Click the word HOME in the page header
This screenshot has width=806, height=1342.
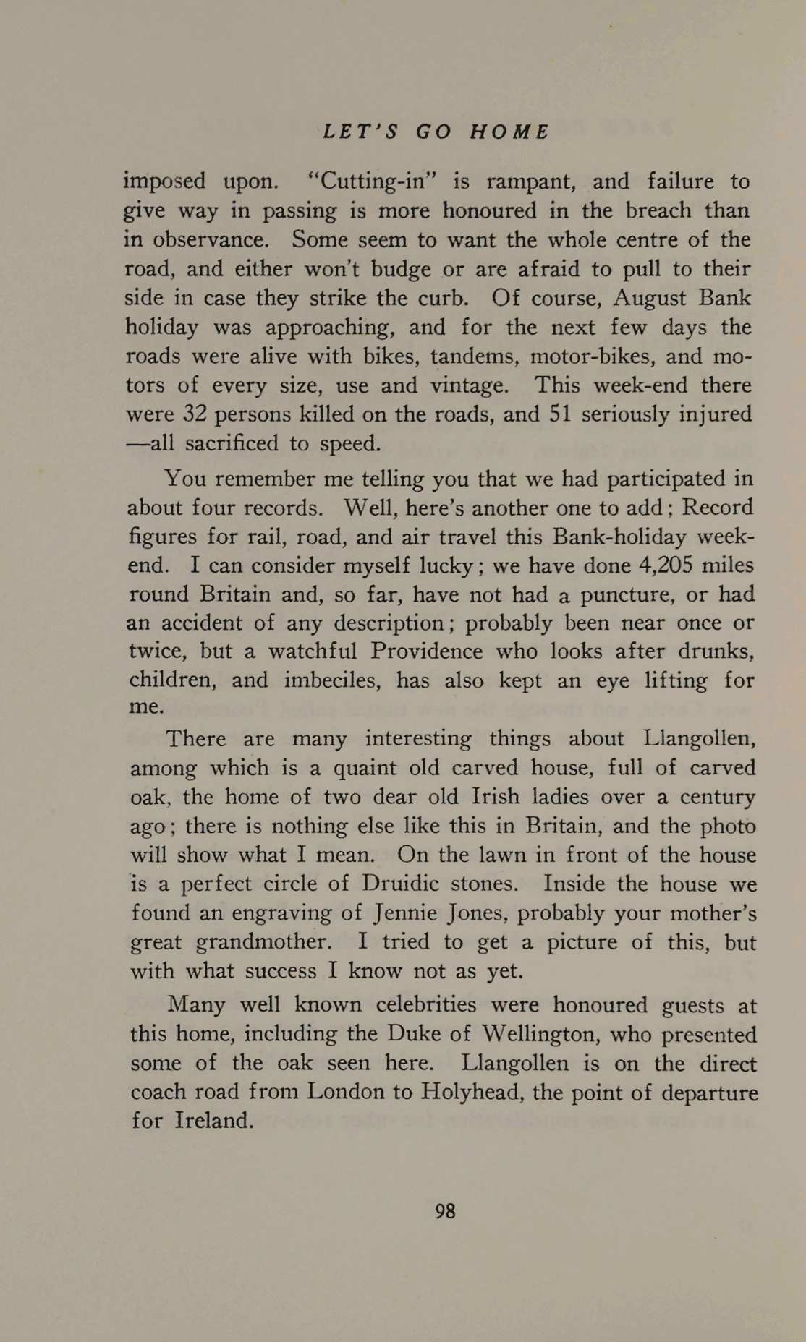point(510,132)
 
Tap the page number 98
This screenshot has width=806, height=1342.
point(445,1210)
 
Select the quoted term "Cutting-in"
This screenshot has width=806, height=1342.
point(374,181)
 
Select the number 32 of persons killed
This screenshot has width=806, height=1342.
point(195,414)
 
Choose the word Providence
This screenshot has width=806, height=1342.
point(426,651)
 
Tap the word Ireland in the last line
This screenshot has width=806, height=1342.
point(214,1121)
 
